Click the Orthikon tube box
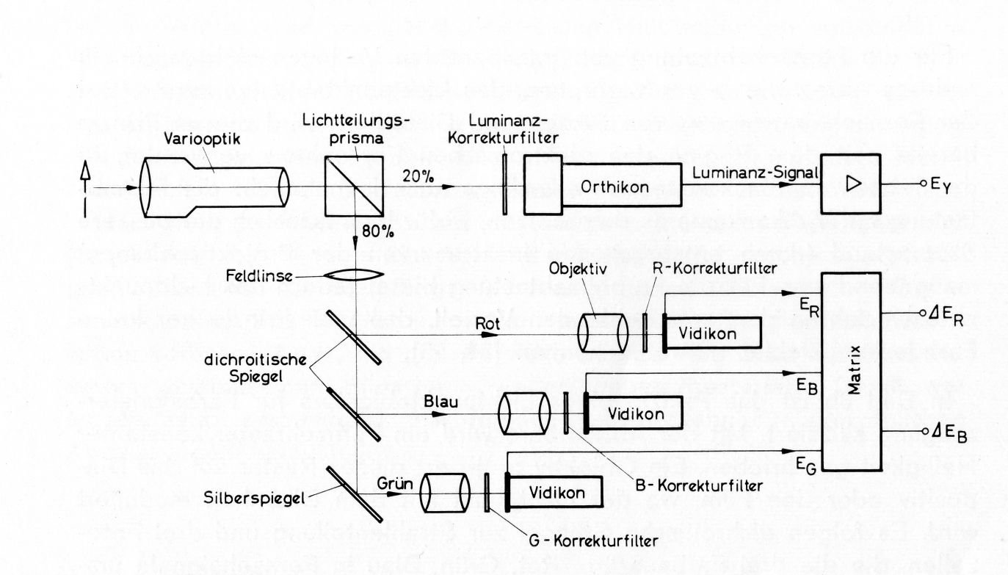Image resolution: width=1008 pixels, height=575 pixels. [x=621, y=187]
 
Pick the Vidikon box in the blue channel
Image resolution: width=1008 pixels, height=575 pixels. [x=637, y=413]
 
